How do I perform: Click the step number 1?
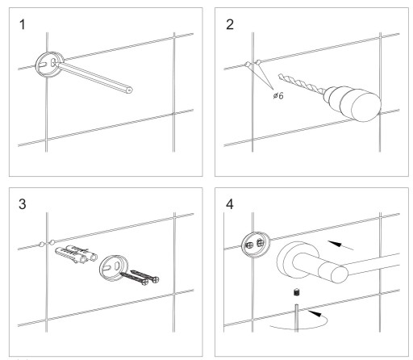23,24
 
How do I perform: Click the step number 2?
230,24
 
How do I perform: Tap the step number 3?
23,204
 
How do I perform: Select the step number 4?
230,204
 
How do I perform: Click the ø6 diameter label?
278,95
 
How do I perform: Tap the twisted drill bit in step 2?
302,85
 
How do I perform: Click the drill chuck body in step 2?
353,103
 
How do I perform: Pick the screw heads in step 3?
151,281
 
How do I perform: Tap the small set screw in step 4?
297,292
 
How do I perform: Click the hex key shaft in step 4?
296,318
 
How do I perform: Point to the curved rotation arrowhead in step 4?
315,313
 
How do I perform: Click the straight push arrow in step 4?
340,245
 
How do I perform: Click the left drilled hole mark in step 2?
248,64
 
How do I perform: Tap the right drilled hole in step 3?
52,241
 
